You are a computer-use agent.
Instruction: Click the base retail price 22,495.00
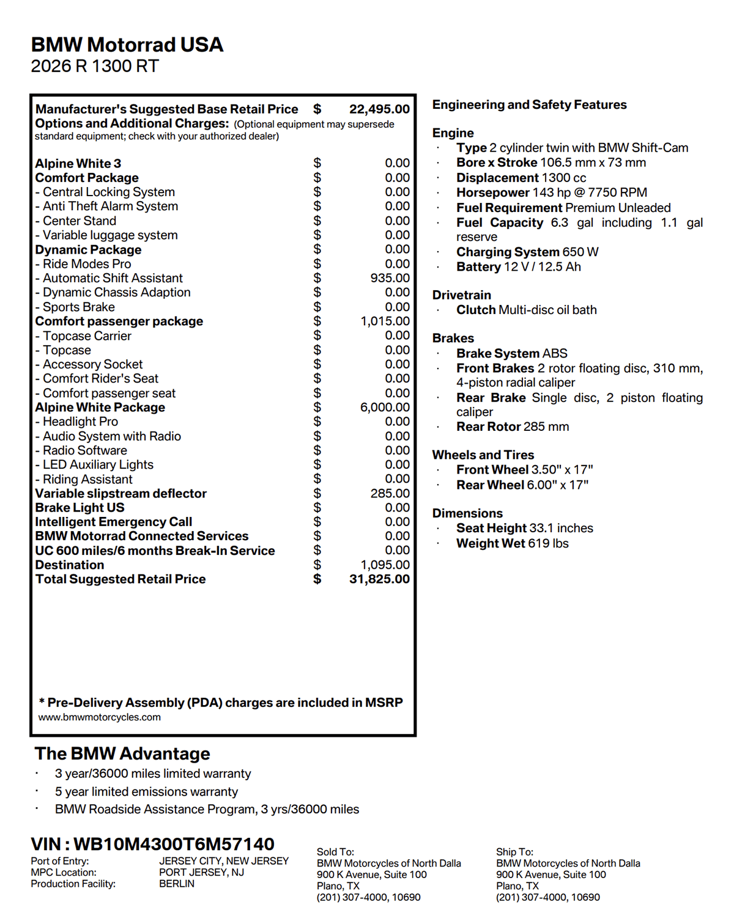coord(379,109)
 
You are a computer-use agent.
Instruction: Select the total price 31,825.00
coord(379,579)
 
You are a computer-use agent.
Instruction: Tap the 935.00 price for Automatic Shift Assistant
coord(390,278)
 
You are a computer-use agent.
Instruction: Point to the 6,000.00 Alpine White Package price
coord(385,408)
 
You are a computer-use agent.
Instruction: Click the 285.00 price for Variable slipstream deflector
coord(390,493)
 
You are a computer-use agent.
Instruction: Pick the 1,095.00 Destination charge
coord(385,565)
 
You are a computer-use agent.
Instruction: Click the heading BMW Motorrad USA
coord(127,45)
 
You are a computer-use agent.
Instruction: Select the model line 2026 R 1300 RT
coord(95,66)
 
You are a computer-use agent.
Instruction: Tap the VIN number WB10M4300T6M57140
coord(174,844)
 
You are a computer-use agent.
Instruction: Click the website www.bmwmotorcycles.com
coord(100,717)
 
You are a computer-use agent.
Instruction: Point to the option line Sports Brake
coord(78,307)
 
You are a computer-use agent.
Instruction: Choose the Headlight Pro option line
coord(80,422)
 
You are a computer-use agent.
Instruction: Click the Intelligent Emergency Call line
coord(114,522)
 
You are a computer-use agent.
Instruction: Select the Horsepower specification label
coord(492,192)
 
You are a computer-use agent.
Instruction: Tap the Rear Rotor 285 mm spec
coord(513,427)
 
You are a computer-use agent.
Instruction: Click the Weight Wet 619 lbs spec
coord(513,543)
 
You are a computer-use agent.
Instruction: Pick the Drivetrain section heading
coord(461,295)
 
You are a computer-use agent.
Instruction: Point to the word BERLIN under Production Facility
coord(177,884)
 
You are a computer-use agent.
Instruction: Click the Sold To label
coord(335,852)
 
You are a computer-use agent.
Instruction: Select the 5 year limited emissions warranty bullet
coord(146,791)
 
